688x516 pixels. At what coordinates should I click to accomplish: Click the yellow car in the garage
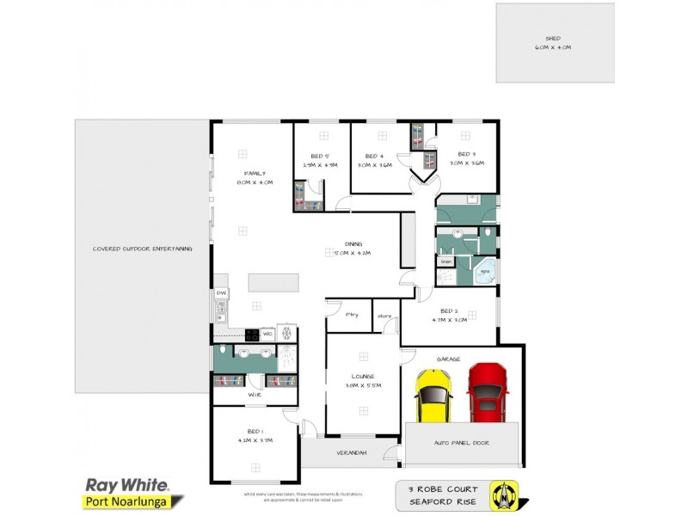pyautogui.click(x=433, y=395)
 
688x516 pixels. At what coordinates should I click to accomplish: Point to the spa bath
pyautogui.click(x=485, y=271)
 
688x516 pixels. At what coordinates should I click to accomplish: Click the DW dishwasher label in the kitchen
pyautogui.click(x=221, y=293)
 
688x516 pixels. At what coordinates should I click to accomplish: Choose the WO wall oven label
pyautogui.click(x=268, y=334)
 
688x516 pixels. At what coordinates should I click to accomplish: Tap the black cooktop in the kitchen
pyautogui.click(x=253, y=334)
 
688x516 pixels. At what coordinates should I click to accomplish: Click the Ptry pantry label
pyautogui.click(x=352, y=316)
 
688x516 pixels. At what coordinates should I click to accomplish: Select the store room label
pyautogui.click(x=384, y=316)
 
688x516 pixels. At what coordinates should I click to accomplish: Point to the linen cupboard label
pyautogui.click(x=446, y=261)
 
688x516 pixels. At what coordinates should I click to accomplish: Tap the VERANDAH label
pyautogui.click(x=351, y=452)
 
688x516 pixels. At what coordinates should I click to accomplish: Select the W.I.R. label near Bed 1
pyautogui.click(x=255, y=395)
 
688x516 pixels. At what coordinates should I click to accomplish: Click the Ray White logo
pyautogui.click(x=126, y=485)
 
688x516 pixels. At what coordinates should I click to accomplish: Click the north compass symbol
pyautogui.click(x=504, y=492)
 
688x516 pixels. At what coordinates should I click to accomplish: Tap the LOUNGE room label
pyautogui.click(x=363, y=377)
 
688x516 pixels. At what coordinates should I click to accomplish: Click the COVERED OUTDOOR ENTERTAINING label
pyautogui.click(x=142, y=249)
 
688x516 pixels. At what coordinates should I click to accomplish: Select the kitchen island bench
pyautogui.click(x=273, y=283)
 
